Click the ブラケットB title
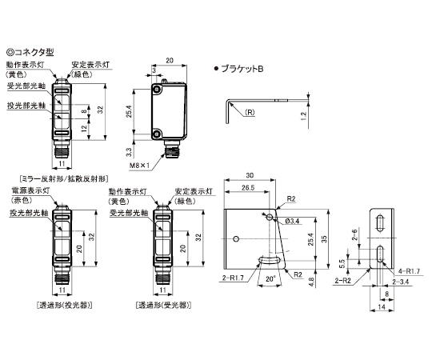click(242, 69)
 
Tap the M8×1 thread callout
click(139, 166)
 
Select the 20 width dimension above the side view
click(170, 60)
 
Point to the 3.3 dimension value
click(129, 151)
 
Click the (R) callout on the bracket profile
click(250, 112)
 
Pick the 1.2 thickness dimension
click(304, 117)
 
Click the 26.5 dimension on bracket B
click(248, 188)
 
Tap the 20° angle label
click(271, 278)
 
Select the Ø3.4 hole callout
click(292, 221)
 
